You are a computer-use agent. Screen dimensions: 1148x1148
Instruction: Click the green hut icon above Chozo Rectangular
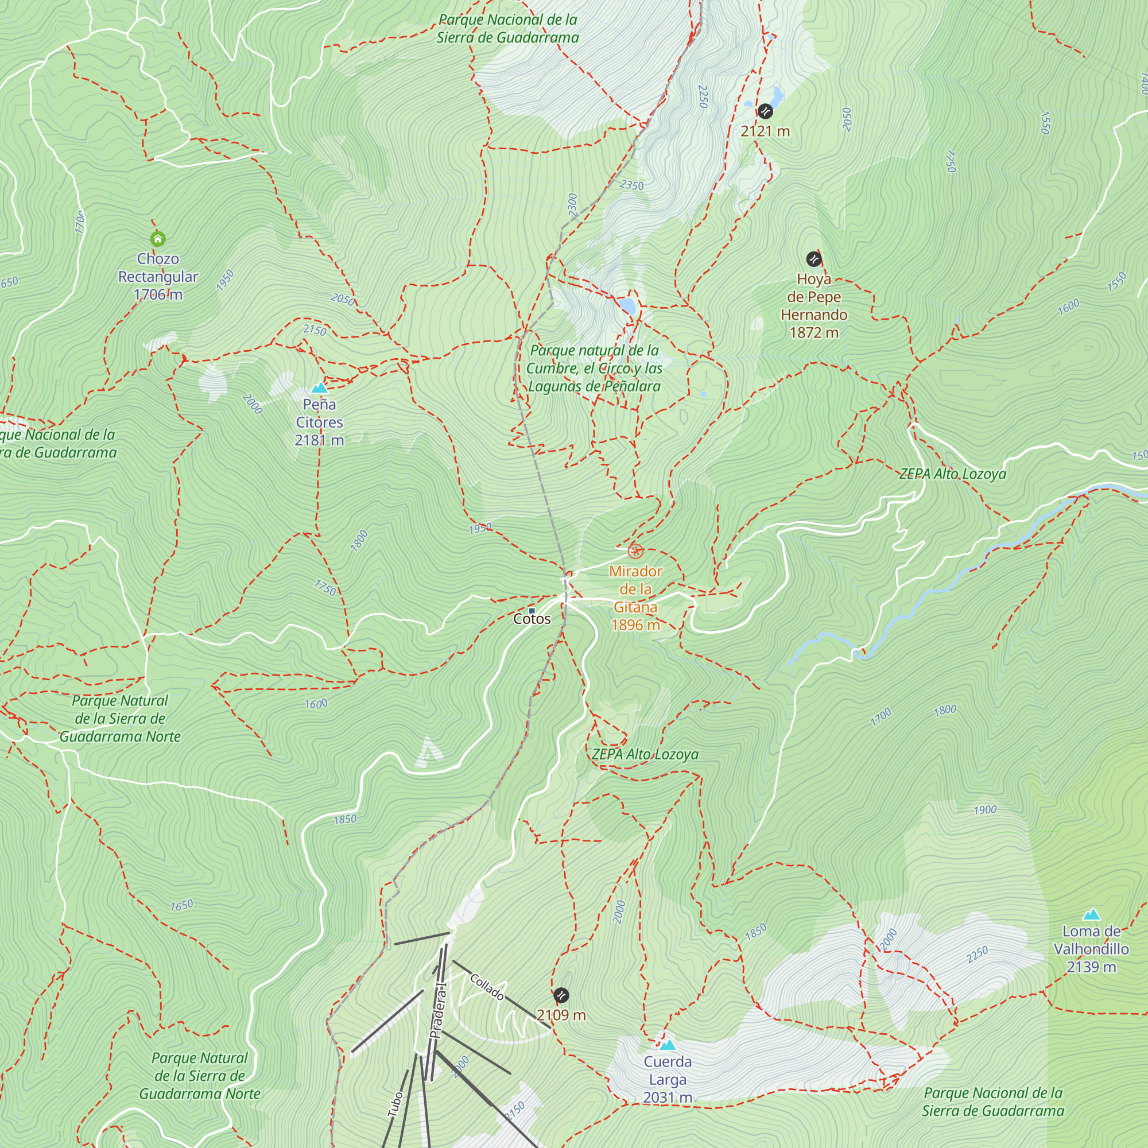click(157, 239)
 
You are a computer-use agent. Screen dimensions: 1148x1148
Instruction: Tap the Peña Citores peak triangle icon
click(320, 388)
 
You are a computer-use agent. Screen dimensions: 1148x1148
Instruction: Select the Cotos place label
click(532, 619)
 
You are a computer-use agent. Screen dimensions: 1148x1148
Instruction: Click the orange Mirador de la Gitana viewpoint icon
click(635, 551)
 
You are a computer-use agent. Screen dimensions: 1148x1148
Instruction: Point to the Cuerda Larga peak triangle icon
click(668, 1045)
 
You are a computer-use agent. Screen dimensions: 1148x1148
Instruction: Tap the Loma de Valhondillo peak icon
click(1092, 914)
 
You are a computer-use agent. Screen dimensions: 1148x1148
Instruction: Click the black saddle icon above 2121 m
click(765, 111)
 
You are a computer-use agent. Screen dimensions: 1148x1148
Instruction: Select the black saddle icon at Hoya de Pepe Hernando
click(813, 259)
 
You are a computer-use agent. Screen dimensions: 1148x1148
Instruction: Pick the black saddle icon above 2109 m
click(561, 995)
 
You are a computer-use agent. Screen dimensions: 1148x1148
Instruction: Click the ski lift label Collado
click(487, 986)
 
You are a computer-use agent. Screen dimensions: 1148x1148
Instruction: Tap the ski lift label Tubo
click(395, 1104)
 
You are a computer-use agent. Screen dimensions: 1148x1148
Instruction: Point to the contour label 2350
click(631, 185)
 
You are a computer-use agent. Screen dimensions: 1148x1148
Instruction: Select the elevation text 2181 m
click(319, 440)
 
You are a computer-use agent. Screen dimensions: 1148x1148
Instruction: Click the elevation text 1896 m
click(635, 625)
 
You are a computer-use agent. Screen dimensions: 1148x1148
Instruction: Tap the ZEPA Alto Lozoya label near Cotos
click(645, 754)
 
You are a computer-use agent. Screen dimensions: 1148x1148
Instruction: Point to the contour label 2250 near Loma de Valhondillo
click(977, 955)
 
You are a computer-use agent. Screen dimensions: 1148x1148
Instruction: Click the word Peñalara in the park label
click(631, 386)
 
